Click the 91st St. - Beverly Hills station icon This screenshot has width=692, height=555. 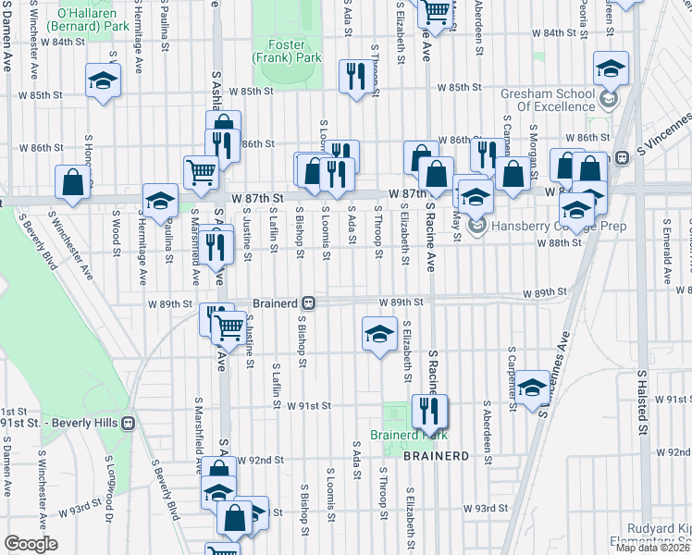129,422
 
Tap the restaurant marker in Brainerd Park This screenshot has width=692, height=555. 428,410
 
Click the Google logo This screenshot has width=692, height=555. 31,544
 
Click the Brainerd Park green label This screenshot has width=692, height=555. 408,435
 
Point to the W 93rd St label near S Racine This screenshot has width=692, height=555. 486,508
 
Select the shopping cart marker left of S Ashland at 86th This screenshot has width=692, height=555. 201,170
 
